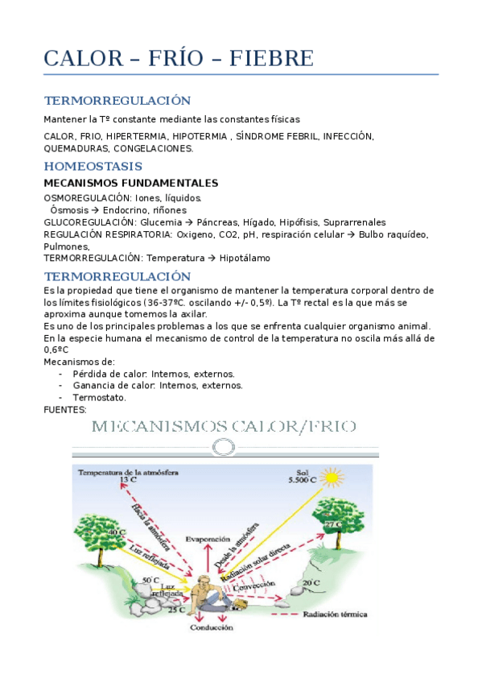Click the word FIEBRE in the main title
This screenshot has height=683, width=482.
(272, 59)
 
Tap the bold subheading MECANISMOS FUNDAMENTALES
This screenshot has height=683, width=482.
(130, 183)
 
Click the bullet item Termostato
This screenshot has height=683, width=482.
(99, 397)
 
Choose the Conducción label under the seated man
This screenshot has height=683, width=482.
(213, 627)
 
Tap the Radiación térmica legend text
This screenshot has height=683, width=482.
(335, 615)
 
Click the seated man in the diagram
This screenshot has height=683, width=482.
(213, 592)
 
